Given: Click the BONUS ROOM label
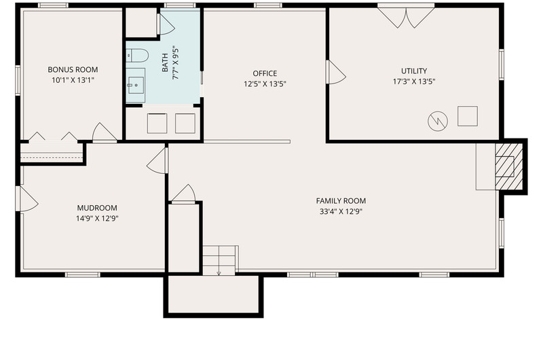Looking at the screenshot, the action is [73, 70].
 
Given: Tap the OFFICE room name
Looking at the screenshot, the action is [265, 73].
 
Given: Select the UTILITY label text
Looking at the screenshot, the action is [414, 71].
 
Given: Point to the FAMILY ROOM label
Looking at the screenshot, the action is [341, 201].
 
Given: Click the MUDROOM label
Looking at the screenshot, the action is [97, 208].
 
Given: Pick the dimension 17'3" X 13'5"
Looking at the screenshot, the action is [414, 82].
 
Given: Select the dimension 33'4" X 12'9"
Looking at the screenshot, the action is [341, 212].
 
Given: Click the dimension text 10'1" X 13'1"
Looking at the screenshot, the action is [73, 80].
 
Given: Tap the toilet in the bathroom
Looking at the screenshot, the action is [137, 56].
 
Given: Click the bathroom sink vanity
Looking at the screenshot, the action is [135, 85].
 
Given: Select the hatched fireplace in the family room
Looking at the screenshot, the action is [508, 166].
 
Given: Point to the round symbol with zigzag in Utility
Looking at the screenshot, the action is [438, 122].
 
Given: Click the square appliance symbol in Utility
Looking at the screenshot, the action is [468, 116].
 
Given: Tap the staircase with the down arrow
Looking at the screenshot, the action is [220, 261].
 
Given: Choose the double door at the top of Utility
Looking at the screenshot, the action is [406, 16].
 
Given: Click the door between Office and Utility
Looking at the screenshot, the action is [335, 72].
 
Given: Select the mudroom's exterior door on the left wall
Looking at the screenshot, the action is [27, 199].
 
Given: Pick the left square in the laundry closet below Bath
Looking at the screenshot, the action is [157, 124].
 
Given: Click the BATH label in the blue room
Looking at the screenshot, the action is [165, 62].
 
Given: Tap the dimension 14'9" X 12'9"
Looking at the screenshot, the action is [97, 219].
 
